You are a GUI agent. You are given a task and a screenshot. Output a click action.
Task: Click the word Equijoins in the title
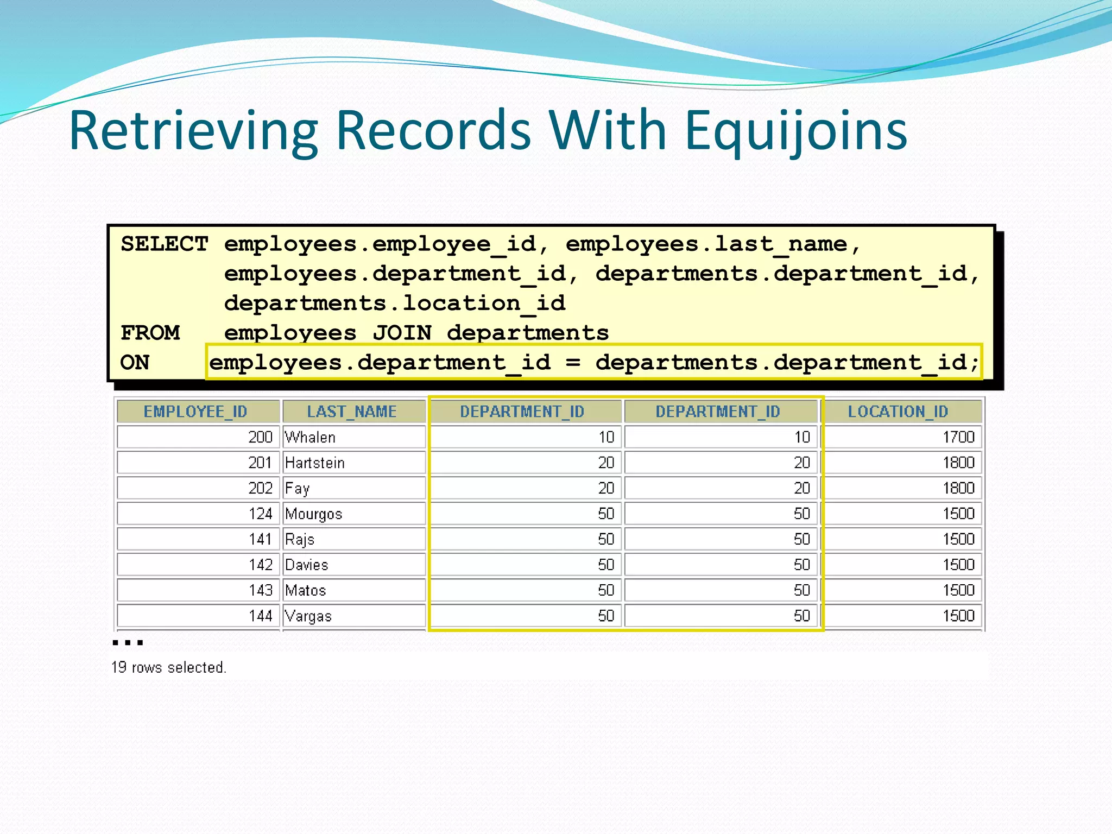click(795, 131)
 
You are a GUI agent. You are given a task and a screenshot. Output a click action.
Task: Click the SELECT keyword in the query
click(164, 244)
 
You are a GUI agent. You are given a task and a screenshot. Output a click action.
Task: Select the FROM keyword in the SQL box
click(150, 333)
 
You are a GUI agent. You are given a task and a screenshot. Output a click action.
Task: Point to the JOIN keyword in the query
click(402, 333)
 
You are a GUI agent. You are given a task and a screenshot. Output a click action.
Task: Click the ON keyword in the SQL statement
click(135, 362)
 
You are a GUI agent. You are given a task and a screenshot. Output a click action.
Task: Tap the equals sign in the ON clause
click(573, 362)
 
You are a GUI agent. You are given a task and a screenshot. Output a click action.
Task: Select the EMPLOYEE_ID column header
click(195, 412)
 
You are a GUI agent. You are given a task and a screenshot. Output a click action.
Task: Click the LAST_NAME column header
click(352, 412)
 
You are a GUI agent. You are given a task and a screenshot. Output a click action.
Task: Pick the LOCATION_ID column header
click(898, 412)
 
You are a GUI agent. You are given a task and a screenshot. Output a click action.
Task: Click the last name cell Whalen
click(310, 437)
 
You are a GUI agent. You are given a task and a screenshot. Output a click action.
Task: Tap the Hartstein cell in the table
click(315, 463)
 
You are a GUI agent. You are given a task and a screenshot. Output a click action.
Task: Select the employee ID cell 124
click(260, 514)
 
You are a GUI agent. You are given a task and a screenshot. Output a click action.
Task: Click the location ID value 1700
click(958, 437)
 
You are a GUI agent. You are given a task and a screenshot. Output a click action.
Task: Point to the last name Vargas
click(308, 616)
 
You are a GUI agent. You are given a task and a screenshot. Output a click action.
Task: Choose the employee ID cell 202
click(260, 488)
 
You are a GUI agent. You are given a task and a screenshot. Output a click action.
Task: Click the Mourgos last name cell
click(314, 514)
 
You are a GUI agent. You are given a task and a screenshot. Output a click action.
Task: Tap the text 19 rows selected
click(168, 667)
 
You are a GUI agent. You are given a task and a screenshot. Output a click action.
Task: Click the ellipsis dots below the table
click(128, 643)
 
